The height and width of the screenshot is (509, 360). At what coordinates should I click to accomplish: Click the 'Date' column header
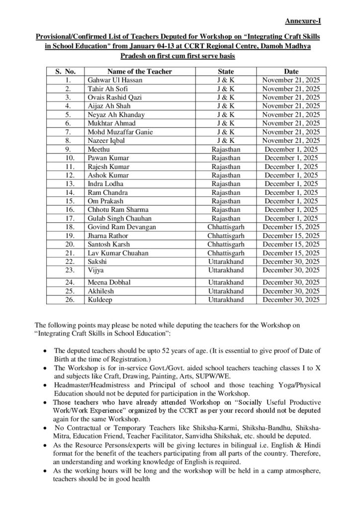(x=291, y=72)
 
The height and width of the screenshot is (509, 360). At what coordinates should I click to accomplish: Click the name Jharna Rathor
(x=107, y=236)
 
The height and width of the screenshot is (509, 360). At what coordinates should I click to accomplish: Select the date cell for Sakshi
(x=291, y=261)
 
